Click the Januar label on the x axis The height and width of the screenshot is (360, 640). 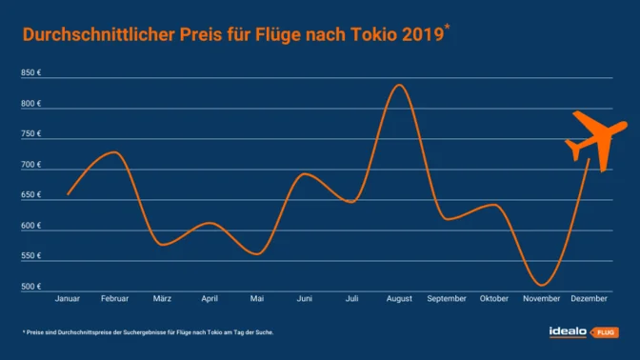pyautogui.click(x=68, y=299)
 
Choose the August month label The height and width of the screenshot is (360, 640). pyautogui.click(x=399, y=299)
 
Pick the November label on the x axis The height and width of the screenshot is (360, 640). pyautogui.click(x=541, y=299)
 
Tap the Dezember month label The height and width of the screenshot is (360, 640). pyautogui.click(x=589, y=299)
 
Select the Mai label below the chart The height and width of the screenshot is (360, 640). pyautogui.click(x=257, y=299)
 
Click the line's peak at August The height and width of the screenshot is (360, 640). pyautogui.click(x=399, y=85)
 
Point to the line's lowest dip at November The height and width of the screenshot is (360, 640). pyautogui.click(x=541, y=285)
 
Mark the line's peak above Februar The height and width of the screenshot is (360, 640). pyautogui.click(x=113, y=152)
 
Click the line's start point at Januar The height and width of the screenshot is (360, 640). pyautogui.click(x=68, y=194)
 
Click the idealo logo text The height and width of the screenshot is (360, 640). pyautogui.click(x=569, y=331)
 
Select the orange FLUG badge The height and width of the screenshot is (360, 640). pyautogui.click(x=606, y=332)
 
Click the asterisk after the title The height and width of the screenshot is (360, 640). pyautogui.click(x=448, y=29)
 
